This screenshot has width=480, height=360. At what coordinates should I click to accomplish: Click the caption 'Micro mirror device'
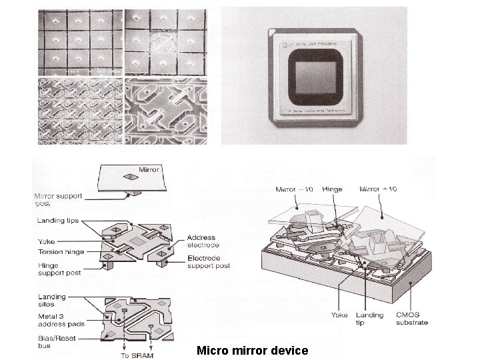252,350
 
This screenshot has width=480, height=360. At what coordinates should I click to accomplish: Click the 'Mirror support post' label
59,199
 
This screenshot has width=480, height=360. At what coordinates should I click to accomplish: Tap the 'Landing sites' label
52,300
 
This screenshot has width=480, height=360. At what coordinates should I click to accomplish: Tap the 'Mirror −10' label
294,189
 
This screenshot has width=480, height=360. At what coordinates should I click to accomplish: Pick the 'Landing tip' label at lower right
369,319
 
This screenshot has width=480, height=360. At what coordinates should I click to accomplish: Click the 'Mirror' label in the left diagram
150,170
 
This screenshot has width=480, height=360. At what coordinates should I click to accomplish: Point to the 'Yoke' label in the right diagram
340,315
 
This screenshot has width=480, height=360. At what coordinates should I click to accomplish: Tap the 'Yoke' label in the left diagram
47,243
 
